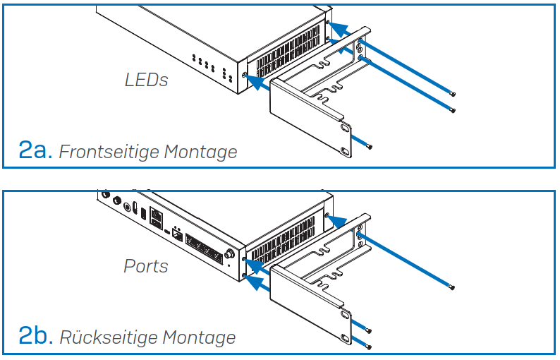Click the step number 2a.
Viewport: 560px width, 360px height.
[x=35, y=150]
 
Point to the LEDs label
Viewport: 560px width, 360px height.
[x=146, y=80]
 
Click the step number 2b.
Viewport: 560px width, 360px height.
[x=35, y=336]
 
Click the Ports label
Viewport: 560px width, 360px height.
[x=146, y=266]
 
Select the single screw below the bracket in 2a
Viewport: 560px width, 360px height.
[x=370, y=146]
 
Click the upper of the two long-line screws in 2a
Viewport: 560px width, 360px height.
[x=453, y=94]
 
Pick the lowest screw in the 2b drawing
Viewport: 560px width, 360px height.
[x=370, y=346]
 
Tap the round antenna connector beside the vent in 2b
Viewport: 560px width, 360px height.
[x=230, y=253]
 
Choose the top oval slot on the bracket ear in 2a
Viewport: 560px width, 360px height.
[x=345, y=128]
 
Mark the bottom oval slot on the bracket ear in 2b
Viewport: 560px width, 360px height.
[x=346, y=337]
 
